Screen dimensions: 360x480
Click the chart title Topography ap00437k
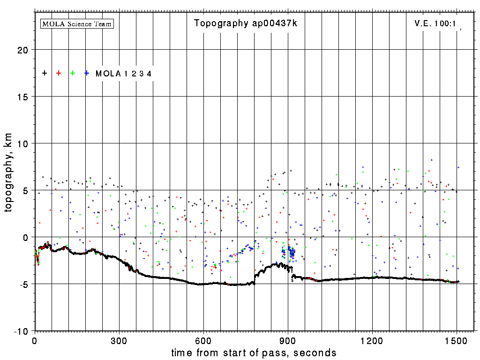[245, 23]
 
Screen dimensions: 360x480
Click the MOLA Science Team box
[77, 23]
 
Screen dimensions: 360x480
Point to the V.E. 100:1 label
[435, 23]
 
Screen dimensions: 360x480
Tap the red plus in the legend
[59, 73]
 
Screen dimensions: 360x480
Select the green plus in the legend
[73, 73]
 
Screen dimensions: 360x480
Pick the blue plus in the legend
[87, 73]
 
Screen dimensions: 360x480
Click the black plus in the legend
[45, 73]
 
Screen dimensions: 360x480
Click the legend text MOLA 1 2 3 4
[123, 74]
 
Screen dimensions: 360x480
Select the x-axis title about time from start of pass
[254, 352]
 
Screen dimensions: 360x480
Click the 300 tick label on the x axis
[119, 340]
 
